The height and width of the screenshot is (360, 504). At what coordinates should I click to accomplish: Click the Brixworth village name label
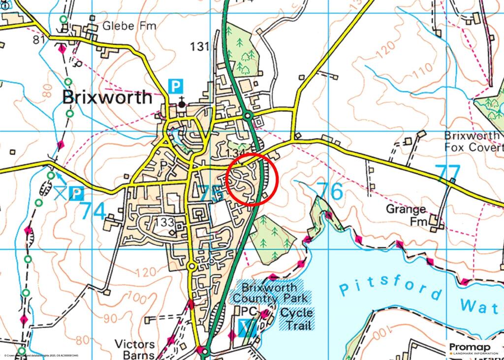tap(107, 97)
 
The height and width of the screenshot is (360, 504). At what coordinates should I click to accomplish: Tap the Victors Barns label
tap(134, 349)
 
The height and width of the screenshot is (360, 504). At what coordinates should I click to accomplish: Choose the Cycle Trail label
tap(296, 319)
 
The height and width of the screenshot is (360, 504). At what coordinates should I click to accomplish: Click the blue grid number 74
tap(93, 211)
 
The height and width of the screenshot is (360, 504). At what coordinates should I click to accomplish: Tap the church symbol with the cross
tap(182, 103)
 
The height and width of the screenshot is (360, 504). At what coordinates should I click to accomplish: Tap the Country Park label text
tap(270, 298)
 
